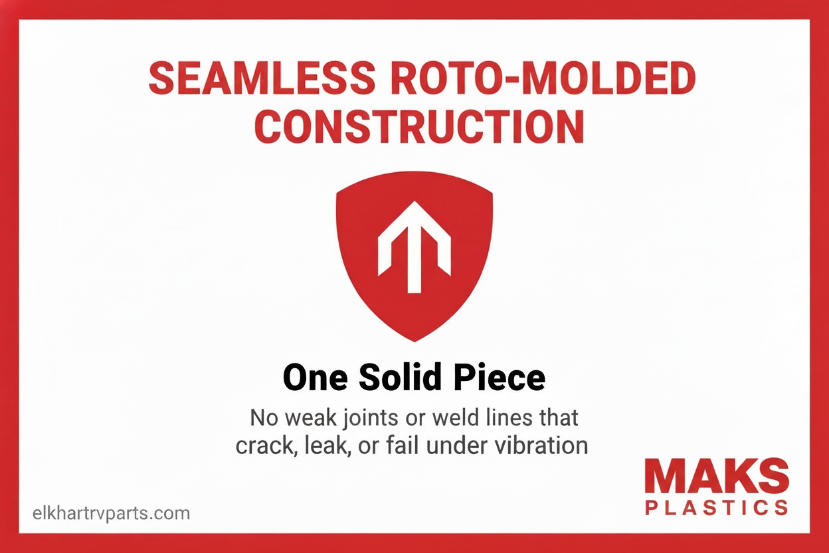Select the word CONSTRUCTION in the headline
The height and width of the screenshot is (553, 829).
(x=419, y=126)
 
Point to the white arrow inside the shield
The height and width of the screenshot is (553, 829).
(x=414, y=247)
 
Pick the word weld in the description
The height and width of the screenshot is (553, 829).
(x=456, y=418)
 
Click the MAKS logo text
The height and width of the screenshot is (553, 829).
(x=717, y=477)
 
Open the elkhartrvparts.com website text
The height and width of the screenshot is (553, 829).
(x=111, y=513)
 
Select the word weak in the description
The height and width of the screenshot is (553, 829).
(x=306, y=418)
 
